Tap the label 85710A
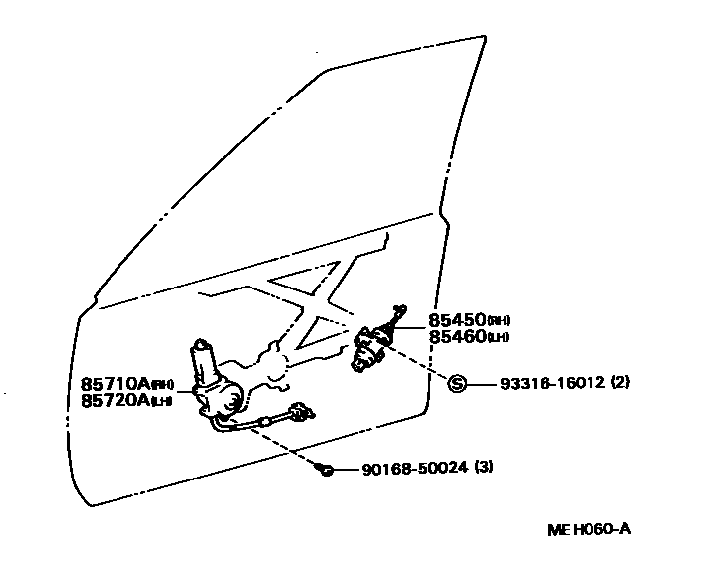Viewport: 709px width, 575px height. pyautogui.click(x=116, y=383)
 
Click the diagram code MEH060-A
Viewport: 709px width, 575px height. pyautogui.click(x=588, y=529)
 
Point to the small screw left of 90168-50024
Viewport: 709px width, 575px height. pyautogui.click(x=325, y=469)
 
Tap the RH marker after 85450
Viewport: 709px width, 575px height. pyautogui.click(x=499, y=321)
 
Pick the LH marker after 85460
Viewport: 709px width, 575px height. pyautogui.click(x=499, y=337)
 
